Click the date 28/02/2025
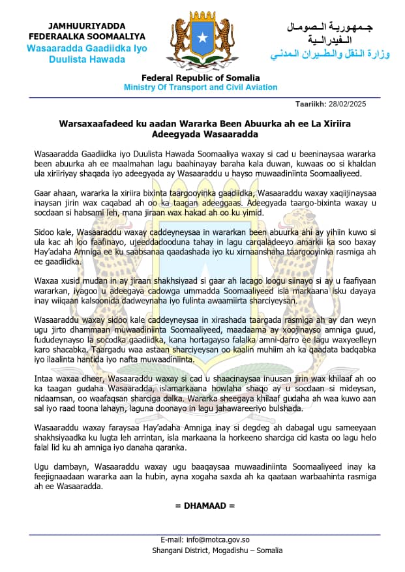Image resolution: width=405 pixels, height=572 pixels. click(348, 104)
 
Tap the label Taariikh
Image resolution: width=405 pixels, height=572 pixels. click(311, 104)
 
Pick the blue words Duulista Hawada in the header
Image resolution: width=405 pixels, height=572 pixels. click(87, 59)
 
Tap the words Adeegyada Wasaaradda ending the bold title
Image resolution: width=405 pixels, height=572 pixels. click(203, 134)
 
